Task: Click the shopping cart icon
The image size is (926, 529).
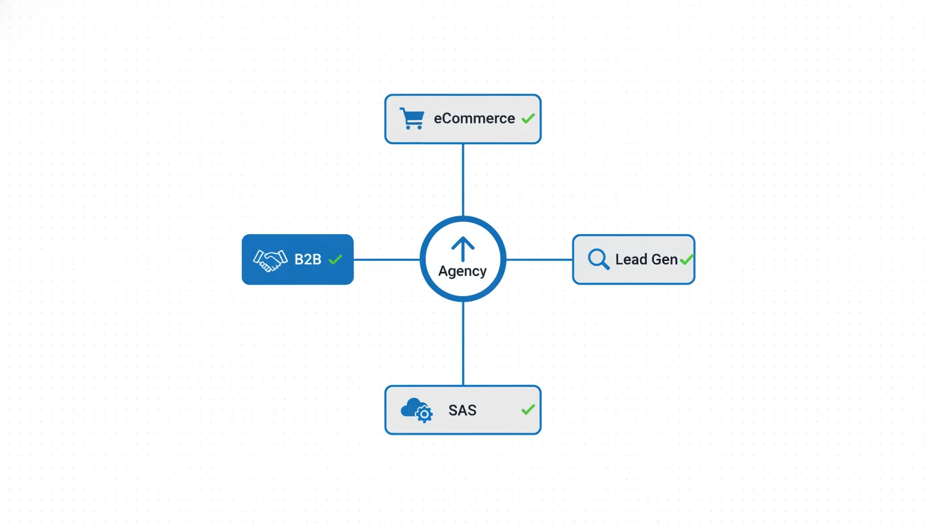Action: coord(411,118)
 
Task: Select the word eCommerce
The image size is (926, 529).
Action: coord(474,118)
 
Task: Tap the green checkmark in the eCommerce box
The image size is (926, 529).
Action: coord(528,118)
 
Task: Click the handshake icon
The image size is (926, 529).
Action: coord(270,260)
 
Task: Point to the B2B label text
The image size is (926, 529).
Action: coord(308,260)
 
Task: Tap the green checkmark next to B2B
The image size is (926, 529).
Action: coord(336,260)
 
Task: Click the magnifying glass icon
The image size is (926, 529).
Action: coord(598,259)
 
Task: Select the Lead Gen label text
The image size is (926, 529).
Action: coord(646,260)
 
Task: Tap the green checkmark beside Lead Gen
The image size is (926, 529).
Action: coord(686,260)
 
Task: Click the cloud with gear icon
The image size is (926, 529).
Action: coord(416,410)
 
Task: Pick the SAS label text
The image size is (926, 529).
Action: coord(462,411)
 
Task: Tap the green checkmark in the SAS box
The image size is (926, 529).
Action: coord(528,410)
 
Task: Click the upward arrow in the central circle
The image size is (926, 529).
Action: coord(463,249)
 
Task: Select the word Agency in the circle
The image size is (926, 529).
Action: coord(462,271)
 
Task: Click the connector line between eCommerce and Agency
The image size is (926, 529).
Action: coord(463,179)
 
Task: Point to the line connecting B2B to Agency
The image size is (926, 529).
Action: coord(387,260)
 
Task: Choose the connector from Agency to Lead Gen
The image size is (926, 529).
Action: coord(539,260)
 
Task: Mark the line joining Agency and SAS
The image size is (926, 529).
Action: coord(463,343)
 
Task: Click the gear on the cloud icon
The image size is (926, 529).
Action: coord(424,414)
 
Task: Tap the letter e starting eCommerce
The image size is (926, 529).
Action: coord(438,119)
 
